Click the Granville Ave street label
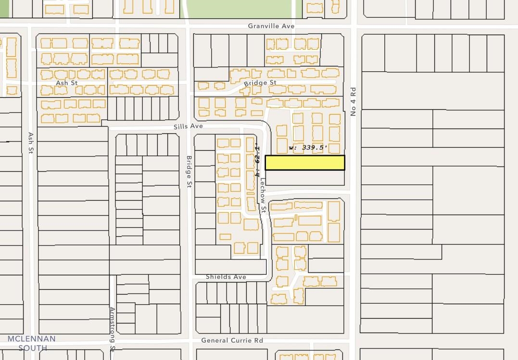(271, 26)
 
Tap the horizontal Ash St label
(66, 83)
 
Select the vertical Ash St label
(31, 143)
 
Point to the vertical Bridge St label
(189, 171)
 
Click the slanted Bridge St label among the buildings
(260, 83)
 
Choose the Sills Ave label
(188, 126)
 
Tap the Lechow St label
(263, 196)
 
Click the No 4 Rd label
(353, 102)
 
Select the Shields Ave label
(226, 277)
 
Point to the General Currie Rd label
(232, 340)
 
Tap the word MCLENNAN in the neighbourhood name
(32, 339)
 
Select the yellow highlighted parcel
(305, 163)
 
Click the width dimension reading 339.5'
(308, 148)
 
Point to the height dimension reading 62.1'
(258, 159)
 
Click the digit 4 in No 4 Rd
(353, 102)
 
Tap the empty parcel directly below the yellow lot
(305, 178)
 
